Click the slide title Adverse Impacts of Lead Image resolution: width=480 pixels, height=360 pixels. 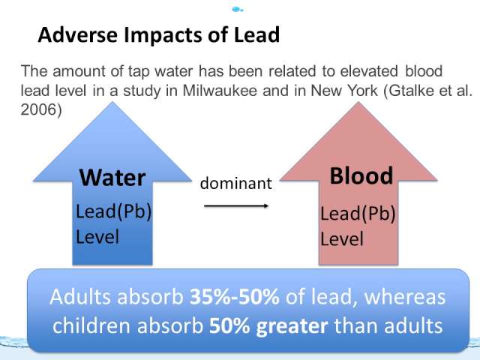coord(159,34)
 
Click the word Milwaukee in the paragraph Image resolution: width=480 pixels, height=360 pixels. coord(220,90)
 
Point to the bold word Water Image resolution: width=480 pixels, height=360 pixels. coord(112,178)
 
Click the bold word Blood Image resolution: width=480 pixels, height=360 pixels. coord(361,175)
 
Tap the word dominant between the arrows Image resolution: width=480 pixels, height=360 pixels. coord(236,183)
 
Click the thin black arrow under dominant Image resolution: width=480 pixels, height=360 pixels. coord(236,205)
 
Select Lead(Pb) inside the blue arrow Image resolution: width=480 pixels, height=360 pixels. coord(113,211)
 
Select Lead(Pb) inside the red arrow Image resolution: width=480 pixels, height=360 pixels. coord(358,213)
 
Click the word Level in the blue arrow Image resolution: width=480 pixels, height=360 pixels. coord(97,237)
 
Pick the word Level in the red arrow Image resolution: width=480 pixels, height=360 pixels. coord(342,238)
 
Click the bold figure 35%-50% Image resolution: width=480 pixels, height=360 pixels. coord(235,297)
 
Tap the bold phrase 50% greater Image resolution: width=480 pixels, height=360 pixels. coord(268,325)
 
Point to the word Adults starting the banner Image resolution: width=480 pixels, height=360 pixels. coord(80,297)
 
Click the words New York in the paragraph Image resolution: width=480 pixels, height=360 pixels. coord(344,90)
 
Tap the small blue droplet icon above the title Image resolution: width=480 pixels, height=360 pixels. coord(237,10)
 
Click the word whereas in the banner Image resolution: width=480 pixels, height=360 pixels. coord(405,297)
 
